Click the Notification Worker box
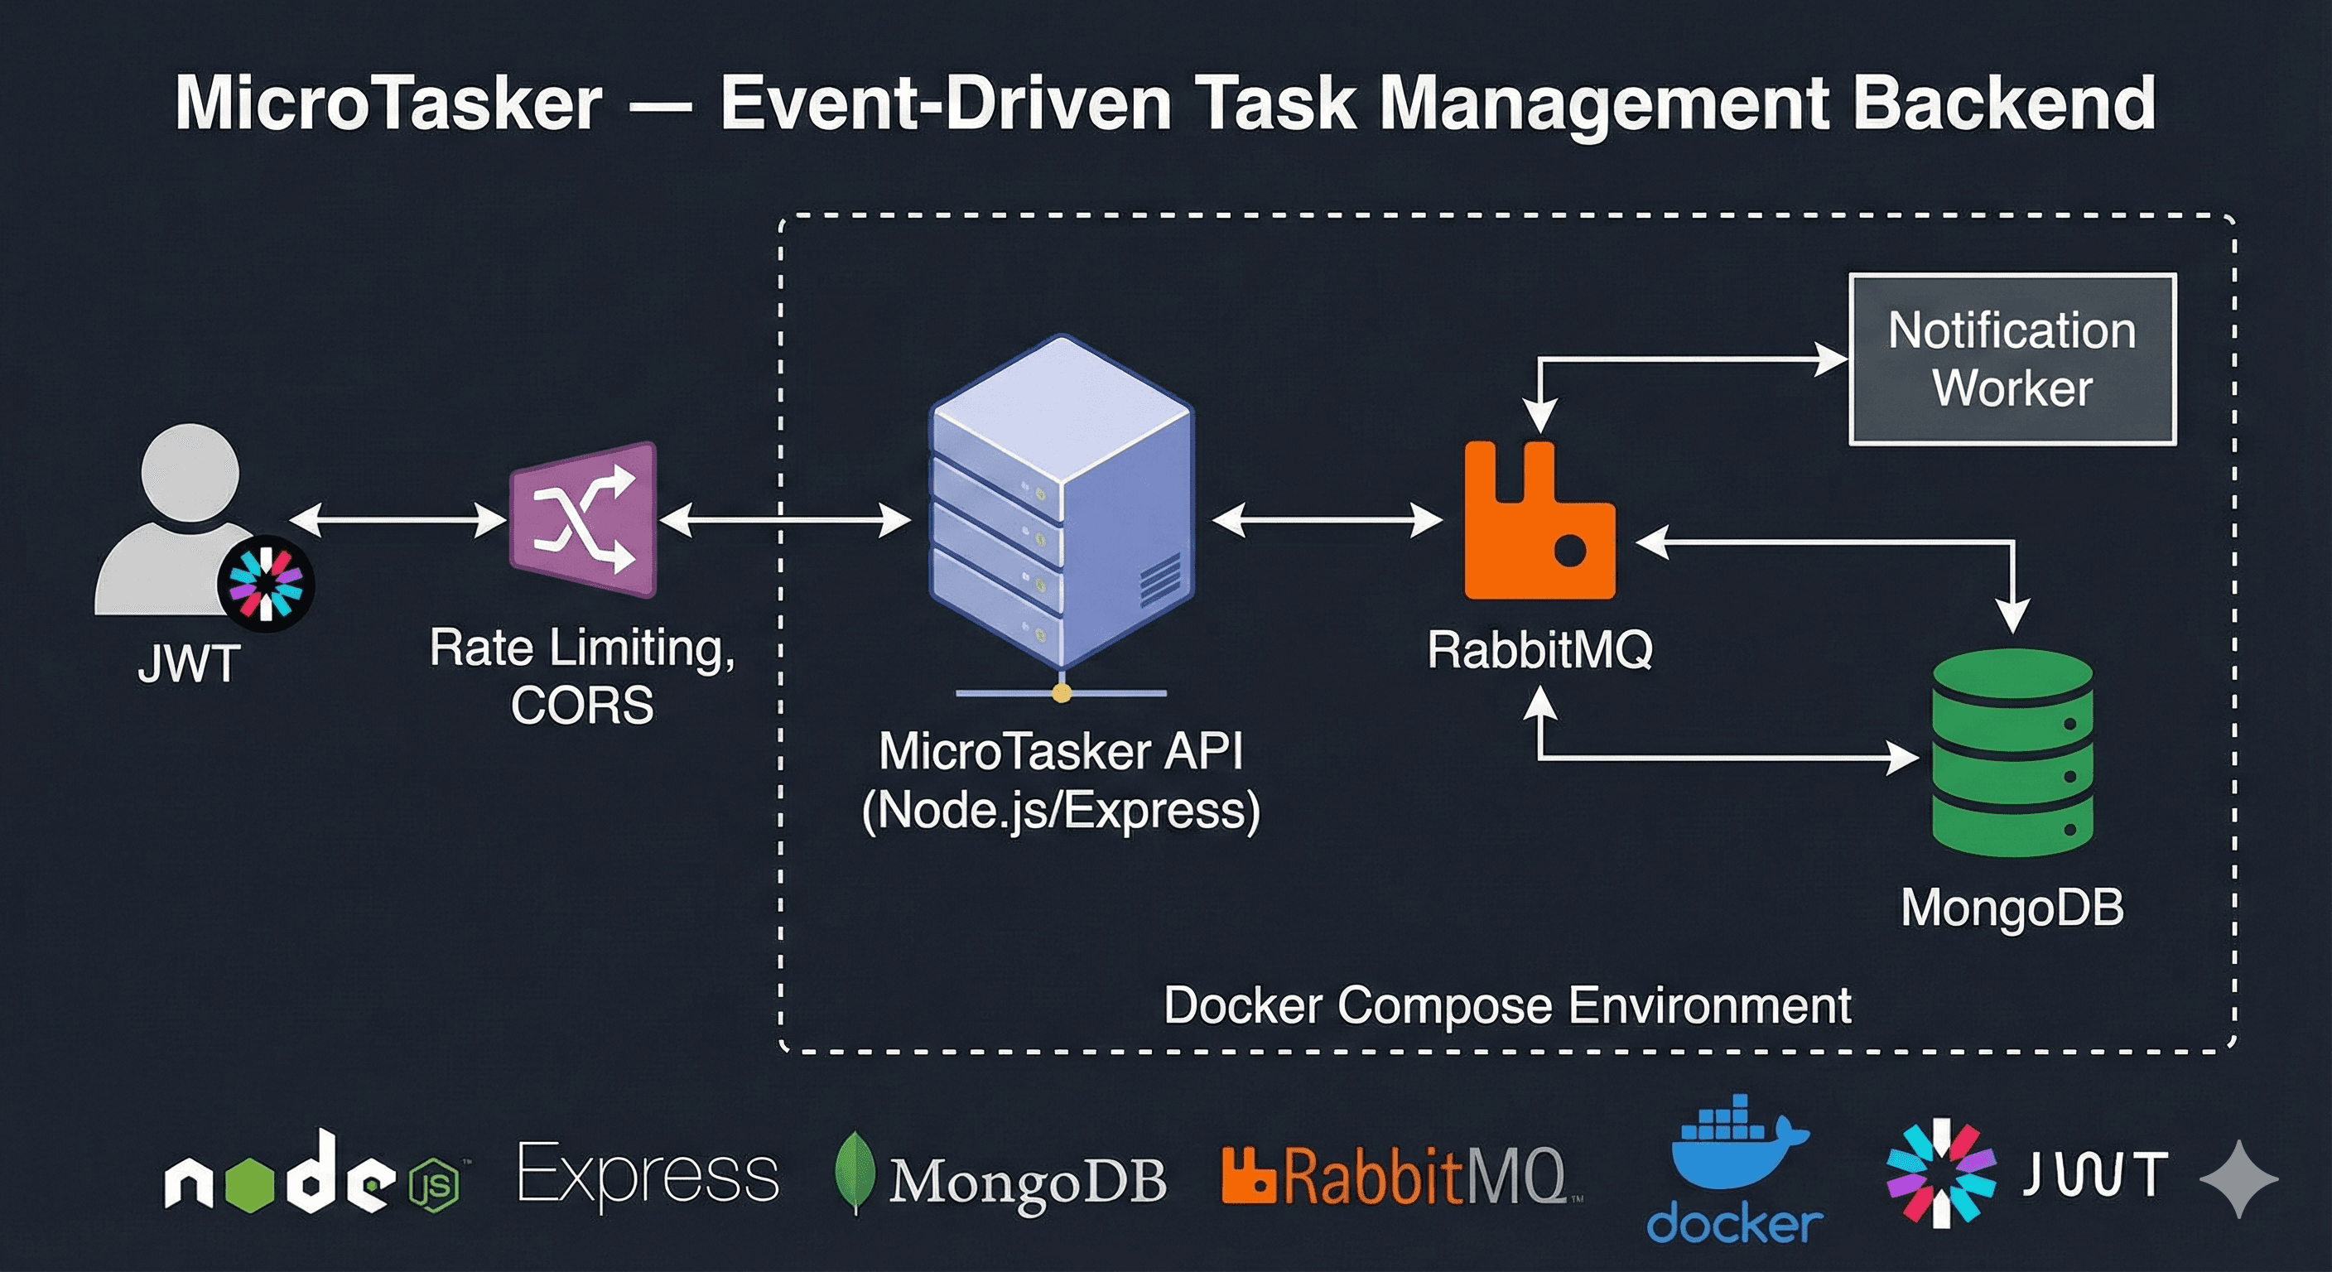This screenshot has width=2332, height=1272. coord(2012,359)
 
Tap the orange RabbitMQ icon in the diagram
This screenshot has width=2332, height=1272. coord(1539,525)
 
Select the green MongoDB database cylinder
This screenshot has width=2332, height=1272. coord(2012,754)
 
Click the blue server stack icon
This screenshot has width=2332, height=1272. coord(1061,507)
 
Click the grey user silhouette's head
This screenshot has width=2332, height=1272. coord(190,473)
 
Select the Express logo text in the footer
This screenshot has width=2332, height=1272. coord(648,1175)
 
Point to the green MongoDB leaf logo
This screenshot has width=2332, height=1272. coord(854,1173)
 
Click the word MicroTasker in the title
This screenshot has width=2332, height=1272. coord(389,104)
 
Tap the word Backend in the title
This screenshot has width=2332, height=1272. coord(2002,104)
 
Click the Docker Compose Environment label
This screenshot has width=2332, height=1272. coord(1506,1005)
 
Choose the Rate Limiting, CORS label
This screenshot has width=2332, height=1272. coord(582,676)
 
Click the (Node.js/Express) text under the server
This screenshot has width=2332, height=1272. coord(1061,809)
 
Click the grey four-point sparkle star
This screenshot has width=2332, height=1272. coord(2238,1178)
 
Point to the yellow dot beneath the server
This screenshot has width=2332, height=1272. coord(1062,693)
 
